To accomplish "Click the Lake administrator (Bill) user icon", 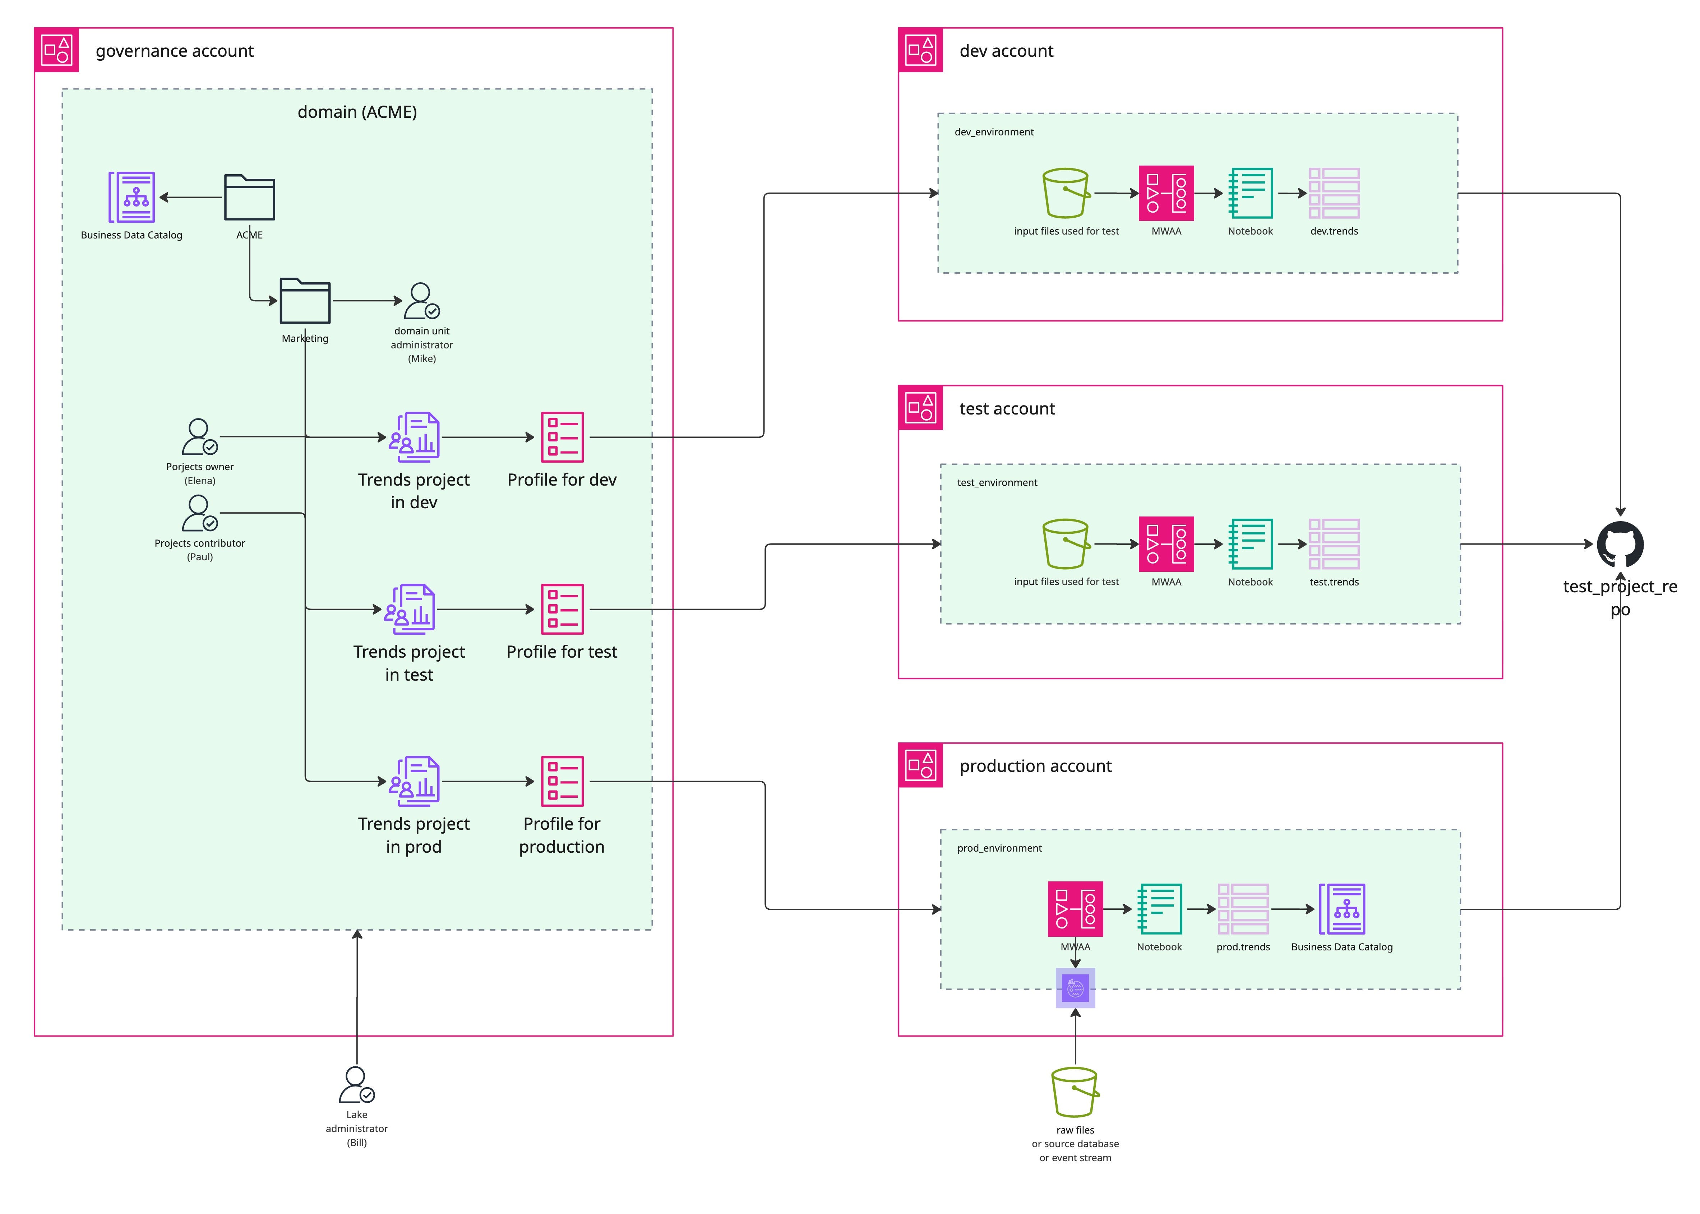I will (x=357, y=1085).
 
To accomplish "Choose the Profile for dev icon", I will (x=562, y=437).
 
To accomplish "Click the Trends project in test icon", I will (x=410, y=609).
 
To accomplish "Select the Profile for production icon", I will (x=562, y=781).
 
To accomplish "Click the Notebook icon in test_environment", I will (x=1250, y=544).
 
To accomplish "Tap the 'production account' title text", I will (x=1035, y=766).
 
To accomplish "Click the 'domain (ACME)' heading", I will (x=357, y=112).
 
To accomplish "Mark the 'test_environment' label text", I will (x=997, y=483).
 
